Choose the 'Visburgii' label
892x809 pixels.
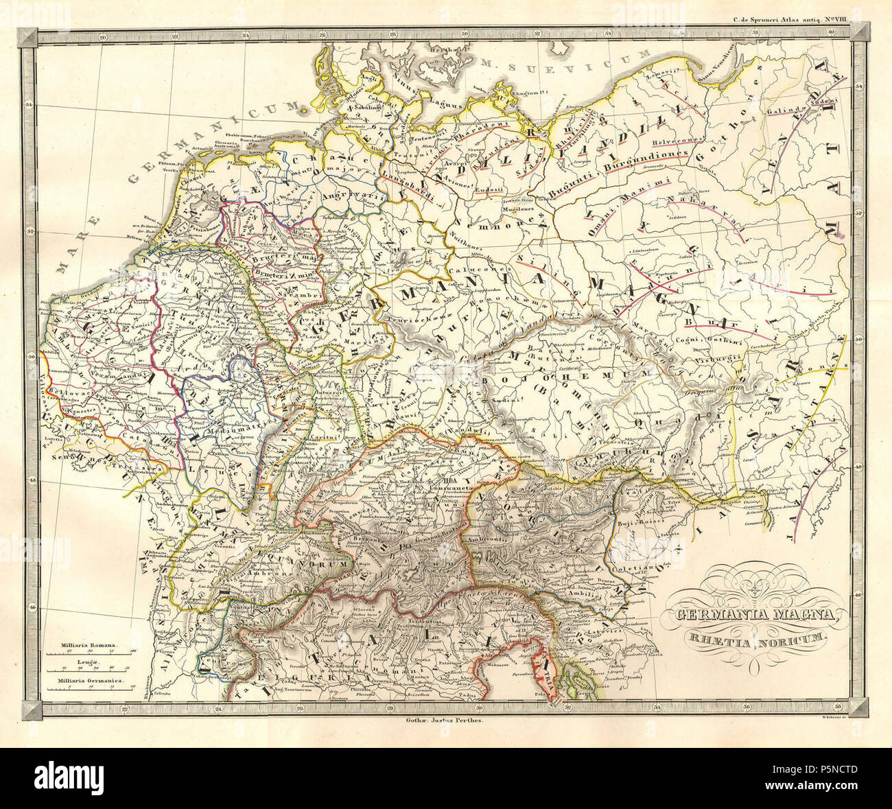click(x=701, y=356)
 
